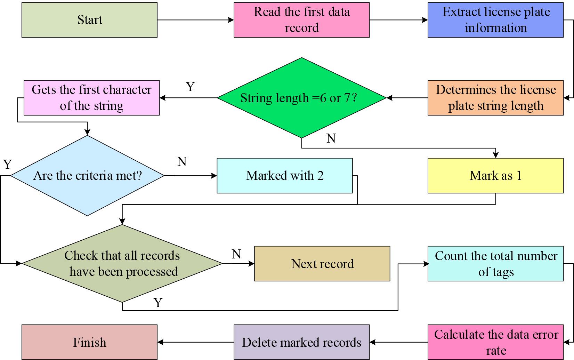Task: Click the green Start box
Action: [x=89, y=20]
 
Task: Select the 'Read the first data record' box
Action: [x=301, y=20]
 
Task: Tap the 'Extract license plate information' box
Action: [x=495, y=20]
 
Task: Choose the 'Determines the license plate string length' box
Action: [x=495, y=98]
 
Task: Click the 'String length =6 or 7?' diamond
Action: [x=301, y=98]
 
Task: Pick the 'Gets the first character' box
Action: [x=91, y=98]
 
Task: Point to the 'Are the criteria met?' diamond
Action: [x=87, y=176]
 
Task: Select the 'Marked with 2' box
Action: [x=285, y=176]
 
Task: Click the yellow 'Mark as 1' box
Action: [x=495, y=176]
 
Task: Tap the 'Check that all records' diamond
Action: [x=122, y=264]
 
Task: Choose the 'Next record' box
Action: [x=322, y=264]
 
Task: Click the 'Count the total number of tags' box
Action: [x=495, y=264]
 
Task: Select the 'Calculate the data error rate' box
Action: [x=495, y=342]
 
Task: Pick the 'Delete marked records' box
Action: [x=301, y=342]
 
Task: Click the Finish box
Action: [x=89, y=342]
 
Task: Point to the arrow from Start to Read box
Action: [x=195, y=20]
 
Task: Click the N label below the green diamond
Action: [x=331, y=138]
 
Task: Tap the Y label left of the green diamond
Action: [x=190, y=87]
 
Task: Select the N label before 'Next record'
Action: [x=236, y=254]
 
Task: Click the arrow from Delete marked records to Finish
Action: [x=195, y=342]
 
